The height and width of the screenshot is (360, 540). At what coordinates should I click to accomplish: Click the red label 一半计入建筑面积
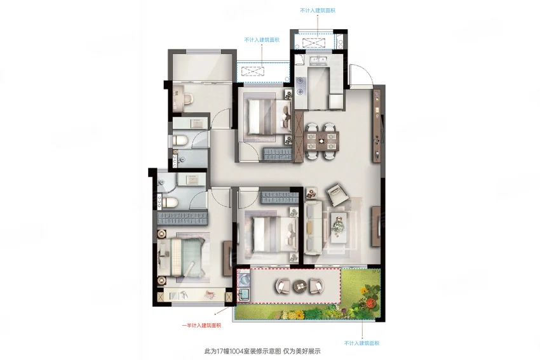201,325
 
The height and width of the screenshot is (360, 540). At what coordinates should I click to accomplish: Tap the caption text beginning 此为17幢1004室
262,351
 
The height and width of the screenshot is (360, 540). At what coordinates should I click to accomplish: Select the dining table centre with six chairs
321,141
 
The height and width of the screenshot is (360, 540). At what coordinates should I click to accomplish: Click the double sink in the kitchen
318,61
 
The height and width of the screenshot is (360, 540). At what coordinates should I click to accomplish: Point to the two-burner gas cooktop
300,86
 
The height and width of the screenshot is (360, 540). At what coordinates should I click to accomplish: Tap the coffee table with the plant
339,227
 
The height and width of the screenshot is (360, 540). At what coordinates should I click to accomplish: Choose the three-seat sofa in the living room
313,228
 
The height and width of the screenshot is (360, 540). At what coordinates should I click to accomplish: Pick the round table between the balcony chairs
300,286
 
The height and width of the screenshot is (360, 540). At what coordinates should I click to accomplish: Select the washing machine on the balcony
243,279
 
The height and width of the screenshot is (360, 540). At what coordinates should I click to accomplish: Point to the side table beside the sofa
311,194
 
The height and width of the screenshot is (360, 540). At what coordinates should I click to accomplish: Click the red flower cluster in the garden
370,303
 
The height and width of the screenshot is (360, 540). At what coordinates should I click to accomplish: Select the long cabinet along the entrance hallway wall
377,126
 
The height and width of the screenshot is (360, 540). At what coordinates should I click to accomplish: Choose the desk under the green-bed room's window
195,296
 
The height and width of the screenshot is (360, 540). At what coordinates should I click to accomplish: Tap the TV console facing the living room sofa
376,226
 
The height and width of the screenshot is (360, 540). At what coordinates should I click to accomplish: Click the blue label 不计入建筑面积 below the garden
361,343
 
